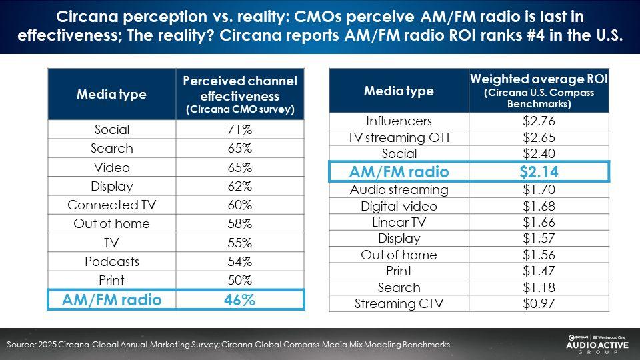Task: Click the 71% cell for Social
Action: click(239, 129)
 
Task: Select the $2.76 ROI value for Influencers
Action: click(539, 121)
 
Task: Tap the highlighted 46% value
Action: click(239, 300)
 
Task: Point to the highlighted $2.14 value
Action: click(539, 172)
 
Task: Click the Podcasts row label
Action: click(111, 261)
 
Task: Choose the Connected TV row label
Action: click(111, 205)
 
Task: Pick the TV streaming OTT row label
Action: click(399, 138)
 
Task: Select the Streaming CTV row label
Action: click(399, 303)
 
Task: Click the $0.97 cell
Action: click(539, 303)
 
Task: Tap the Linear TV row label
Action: click(399, 222)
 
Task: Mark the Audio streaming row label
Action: click(399, 189)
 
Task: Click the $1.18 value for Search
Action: click(539, 287)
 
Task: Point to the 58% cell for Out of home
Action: click(239, 223)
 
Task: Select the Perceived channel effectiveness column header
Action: click(239, 94)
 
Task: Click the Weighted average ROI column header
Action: click(539, 91)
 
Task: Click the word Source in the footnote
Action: click(20, 345)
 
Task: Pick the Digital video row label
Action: click(399, 206)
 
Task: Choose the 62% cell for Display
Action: click(239, 186)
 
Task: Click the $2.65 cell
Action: click(539, 138)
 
